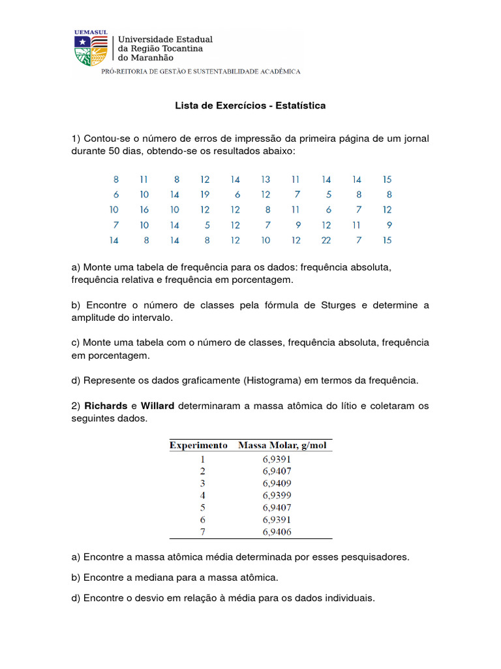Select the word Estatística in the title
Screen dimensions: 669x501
(x=300, y=105)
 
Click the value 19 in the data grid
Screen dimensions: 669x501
(x=205, y=195)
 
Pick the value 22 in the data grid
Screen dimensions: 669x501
(x=326, y=240)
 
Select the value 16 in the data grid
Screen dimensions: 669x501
(x=144, y=210)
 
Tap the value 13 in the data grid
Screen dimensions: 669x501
(x=266, y=179)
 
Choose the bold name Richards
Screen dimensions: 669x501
(x=106, y=406)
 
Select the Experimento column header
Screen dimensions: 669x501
(x=198, y=446)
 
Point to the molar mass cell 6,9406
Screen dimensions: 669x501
(x=277, y=532)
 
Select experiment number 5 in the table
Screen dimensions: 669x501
(x=202, y=508)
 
